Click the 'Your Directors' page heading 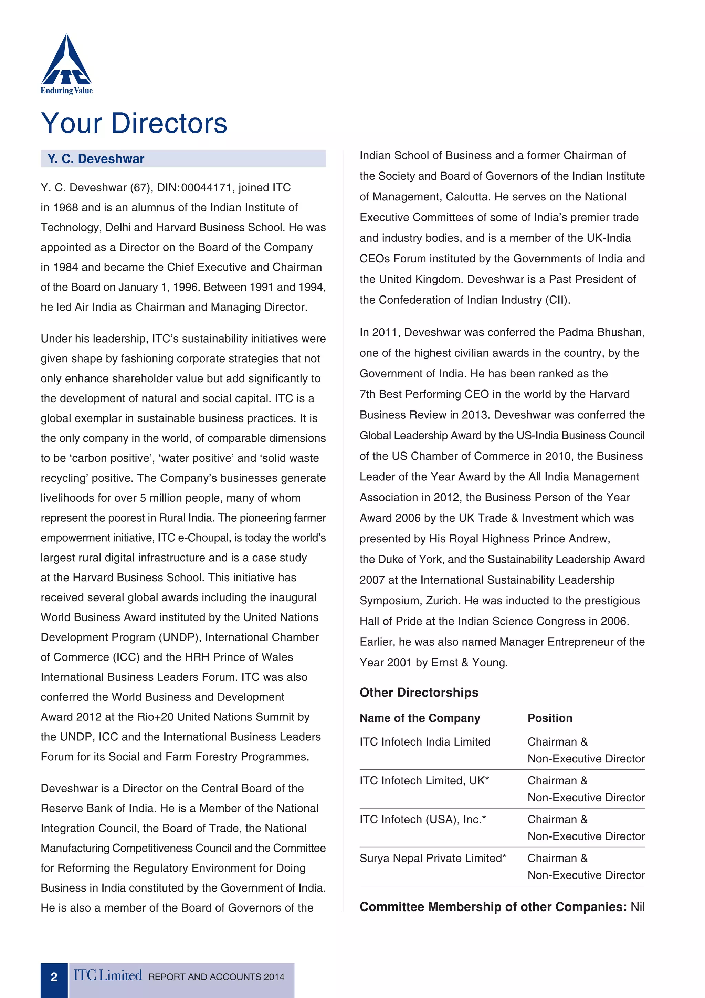click(x=134, y=123)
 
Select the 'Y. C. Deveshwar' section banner click(x=183, y=159)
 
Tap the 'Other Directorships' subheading click(x=419, y=693)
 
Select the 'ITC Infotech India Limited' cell click(x=425, y=742)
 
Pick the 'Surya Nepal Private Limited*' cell click(x=433, y=859)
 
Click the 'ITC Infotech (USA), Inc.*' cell click(x=422, y=820)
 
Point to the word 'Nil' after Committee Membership click(x=637, y=907)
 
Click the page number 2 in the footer click(x=54, y=977)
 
